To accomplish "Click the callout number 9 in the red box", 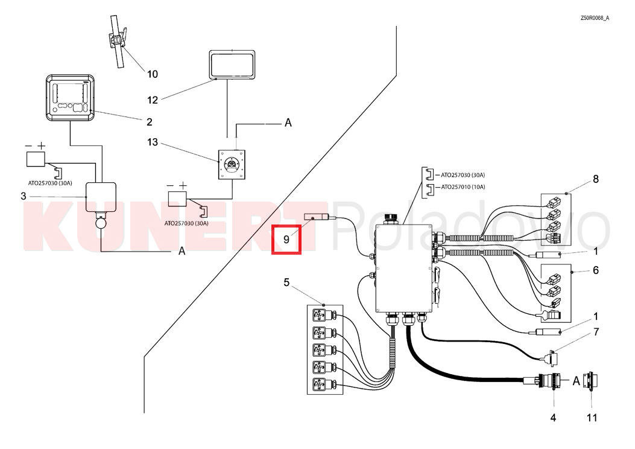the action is click(286, 240).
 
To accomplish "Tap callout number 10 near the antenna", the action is click(153, 74).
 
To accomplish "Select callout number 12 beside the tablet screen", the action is click(153, 100).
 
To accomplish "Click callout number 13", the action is click(153, 142).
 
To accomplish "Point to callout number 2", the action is click(150, 121).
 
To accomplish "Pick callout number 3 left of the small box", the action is click(23, 196).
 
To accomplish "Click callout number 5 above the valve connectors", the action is click(286, 282).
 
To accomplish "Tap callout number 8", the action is click(596, 179).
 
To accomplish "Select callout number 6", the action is click(596, 270).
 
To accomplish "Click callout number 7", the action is click(596, 333).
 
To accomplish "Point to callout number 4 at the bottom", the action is click(553, 418).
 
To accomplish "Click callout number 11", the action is click(592, 418).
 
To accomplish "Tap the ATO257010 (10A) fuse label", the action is click(463, 187).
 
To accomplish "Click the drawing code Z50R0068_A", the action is click(595, 18).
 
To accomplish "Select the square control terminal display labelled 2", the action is click(70, 97).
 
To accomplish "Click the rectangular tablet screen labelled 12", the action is click(232, 65).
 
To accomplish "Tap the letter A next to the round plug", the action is click(576, 381).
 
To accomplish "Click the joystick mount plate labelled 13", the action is click(232, 164).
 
